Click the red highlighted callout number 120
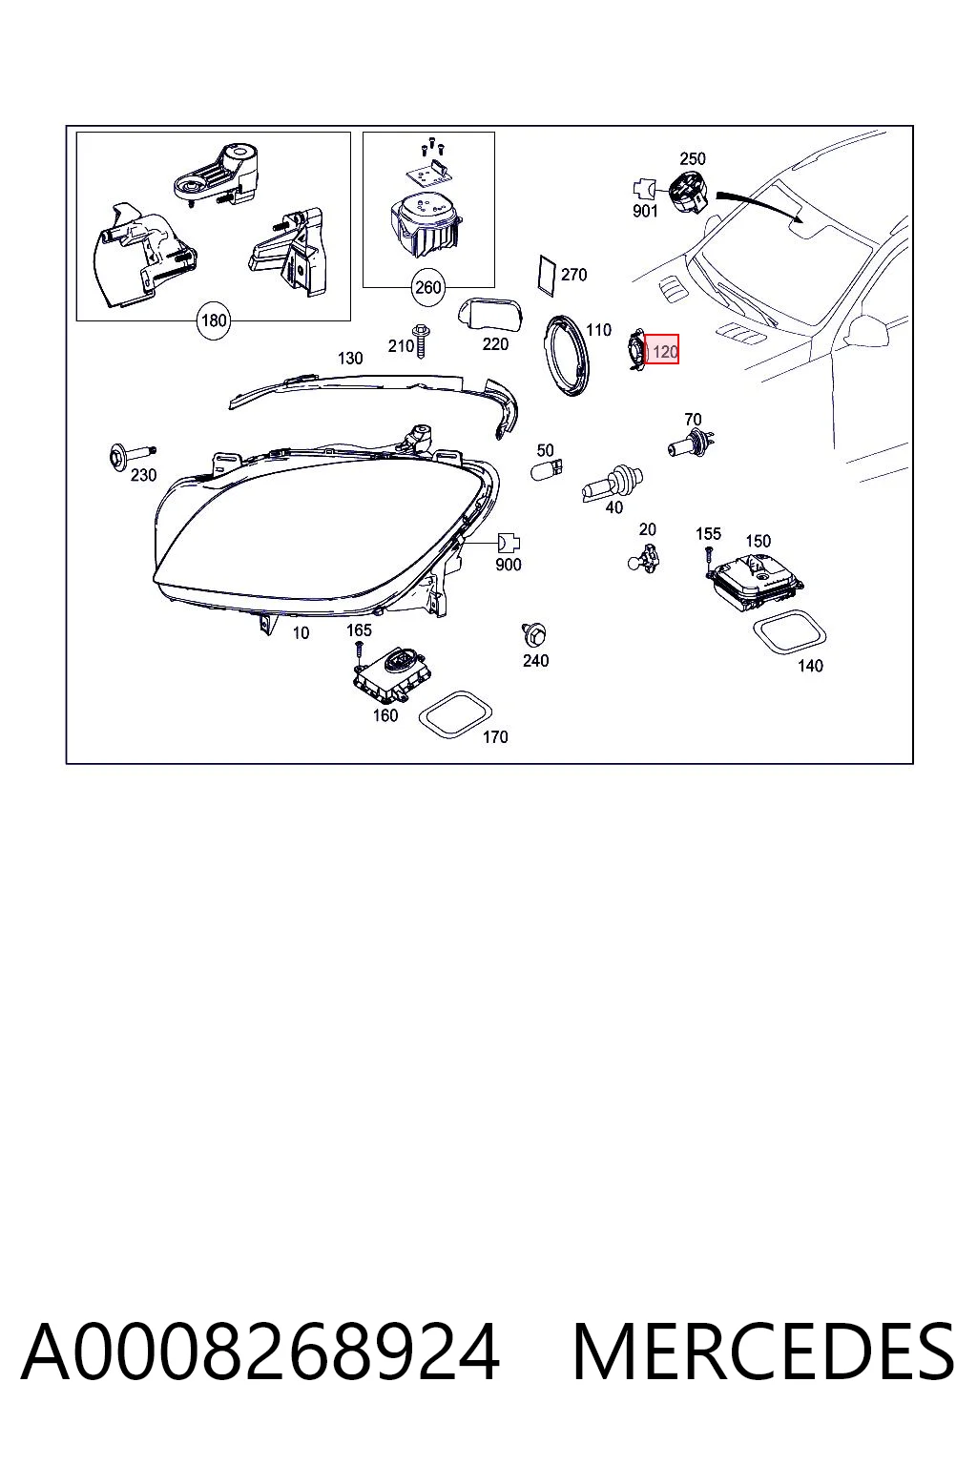661,351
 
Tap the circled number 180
214,320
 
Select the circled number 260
428,287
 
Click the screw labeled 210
420,340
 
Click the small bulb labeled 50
547,467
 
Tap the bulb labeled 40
613,483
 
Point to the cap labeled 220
490,315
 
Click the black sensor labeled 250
688,190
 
